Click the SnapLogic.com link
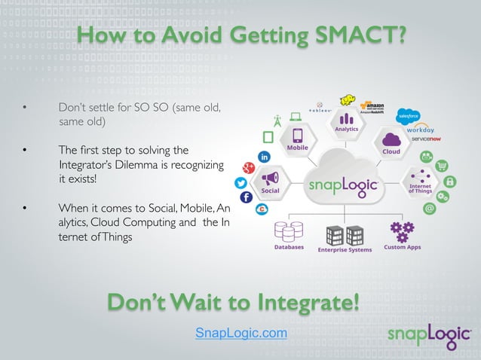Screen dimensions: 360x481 click(240, 333)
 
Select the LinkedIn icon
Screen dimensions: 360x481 click(265, 157)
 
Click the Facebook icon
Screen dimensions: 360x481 click(246, 197)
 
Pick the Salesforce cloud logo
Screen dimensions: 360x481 click(408, 116)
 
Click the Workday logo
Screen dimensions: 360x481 click(420, 130)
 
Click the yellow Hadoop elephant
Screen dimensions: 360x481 click(348, 100)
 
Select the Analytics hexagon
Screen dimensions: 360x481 click(346, 121)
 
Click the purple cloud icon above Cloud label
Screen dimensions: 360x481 click(391, 139)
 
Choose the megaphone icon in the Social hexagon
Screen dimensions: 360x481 click(270, 178)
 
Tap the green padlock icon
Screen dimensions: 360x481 click(450, 182)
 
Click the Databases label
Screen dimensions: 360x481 click(290, 247)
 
